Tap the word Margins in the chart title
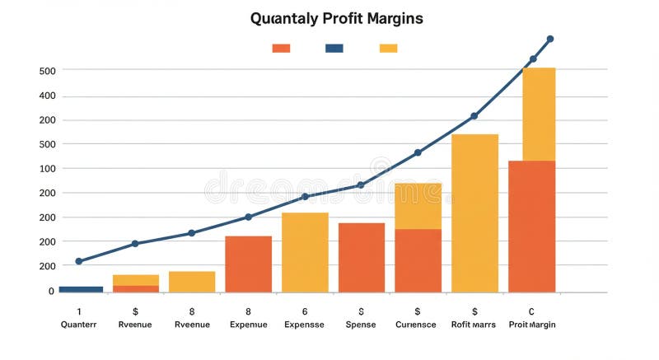click(395, 18)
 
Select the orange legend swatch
click(281, 49)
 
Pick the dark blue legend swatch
click(334, 49)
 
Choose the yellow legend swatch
click(388, 49)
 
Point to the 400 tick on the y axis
click(47, 96)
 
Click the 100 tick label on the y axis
click(47, 168)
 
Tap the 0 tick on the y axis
click(51, 291)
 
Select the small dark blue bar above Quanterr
click(81, 289)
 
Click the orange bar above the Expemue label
click(248, 264)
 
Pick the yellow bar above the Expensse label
click(305, 252)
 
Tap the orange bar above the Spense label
click(362, 257)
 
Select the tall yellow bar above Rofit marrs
click(474, 213)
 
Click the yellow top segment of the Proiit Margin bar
click(531, 114)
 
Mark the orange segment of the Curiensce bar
click(418, 260)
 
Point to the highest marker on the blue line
click(550, 39)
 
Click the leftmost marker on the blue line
click(79, 261)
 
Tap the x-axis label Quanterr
click(79, 325)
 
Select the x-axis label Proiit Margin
click(532, 325)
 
